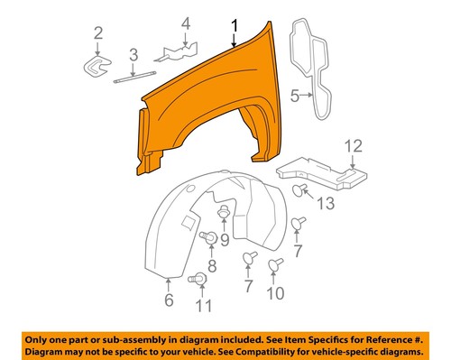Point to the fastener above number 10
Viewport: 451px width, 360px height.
point(276,266)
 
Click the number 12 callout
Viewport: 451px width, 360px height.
point(352,144)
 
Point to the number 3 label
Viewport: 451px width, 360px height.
point(132,55)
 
